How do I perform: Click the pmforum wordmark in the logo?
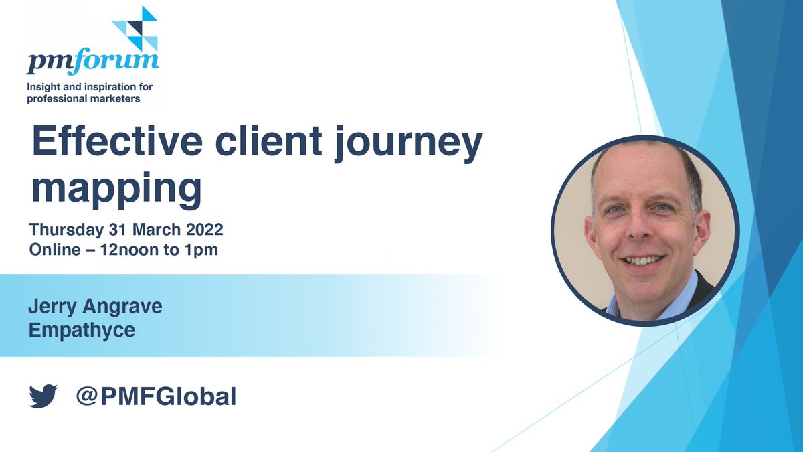[x=92, y=62]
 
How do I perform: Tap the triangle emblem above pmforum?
[x=136, y=27]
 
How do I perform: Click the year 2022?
[x=199, y=230]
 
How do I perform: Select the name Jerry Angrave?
[x=95, y=309]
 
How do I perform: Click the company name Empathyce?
[x=82, y=330]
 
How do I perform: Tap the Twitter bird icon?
[x=43, y=396]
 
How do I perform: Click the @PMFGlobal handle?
[x=157, y=396]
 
